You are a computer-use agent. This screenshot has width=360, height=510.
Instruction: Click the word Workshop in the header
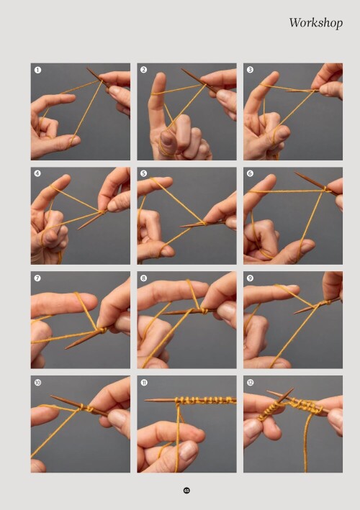(x=316, y=23)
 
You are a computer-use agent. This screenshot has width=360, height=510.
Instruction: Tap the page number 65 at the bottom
(x=186, y=490)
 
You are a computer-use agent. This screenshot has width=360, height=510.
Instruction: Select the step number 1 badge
(x=37, y=70)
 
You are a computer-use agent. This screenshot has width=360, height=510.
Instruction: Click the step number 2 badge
(x=143, y=70)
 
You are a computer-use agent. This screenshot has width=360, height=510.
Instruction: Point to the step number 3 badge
(x=250, y=70)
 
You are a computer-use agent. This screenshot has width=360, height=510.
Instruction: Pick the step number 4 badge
(x=37, y=173)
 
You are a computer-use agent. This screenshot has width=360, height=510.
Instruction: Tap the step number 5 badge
(x=143, y=173)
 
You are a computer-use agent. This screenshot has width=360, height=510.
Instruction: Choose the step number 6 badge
(x=250, y=173)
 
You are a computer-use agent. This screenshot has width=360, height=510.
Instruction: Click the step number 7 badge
(x=37, y=278)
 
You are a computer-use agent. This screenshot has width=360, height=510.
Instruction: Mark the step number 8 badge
(x=143, y=278)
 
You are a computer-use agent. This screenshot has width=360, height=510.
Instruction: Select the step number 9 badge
(x=250, y=278)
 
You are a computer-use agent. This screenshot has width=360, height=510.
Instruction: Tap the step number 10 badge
(x=37, y=383)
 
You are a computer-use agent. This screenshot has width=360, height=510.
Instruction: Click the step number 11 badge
(x=144, y=383)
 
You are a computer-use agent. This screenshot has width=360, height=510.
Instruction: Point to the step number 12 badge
(x=250, y=383)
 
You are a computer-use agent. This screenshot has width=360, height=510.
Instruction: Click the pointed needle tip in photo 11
(x=145, y=400)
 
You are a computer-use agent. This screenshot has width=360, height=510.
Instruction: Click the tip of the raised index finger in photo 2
(x=160, y=76)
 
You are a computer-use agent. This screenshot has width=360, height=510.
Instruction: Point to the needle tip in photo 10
(x=51, y=396)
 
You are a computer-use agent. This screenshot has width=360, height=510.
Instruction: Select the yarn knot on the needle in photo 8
(x=204, y=311)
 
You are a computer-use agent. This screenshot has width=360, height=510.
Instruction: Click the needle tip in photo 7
(x=66, y=348)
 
